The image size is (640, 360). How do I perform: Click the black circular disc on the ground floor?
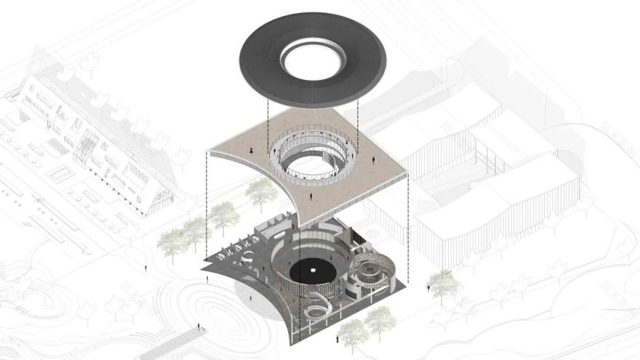point(313,271)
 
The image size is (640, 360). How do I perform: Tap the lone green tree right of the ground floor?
point(441,280)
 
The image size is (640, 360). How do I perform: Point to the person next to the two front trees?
point(338,339)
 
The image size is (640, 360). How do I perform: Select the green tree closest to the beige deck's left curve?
point(259,191)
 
